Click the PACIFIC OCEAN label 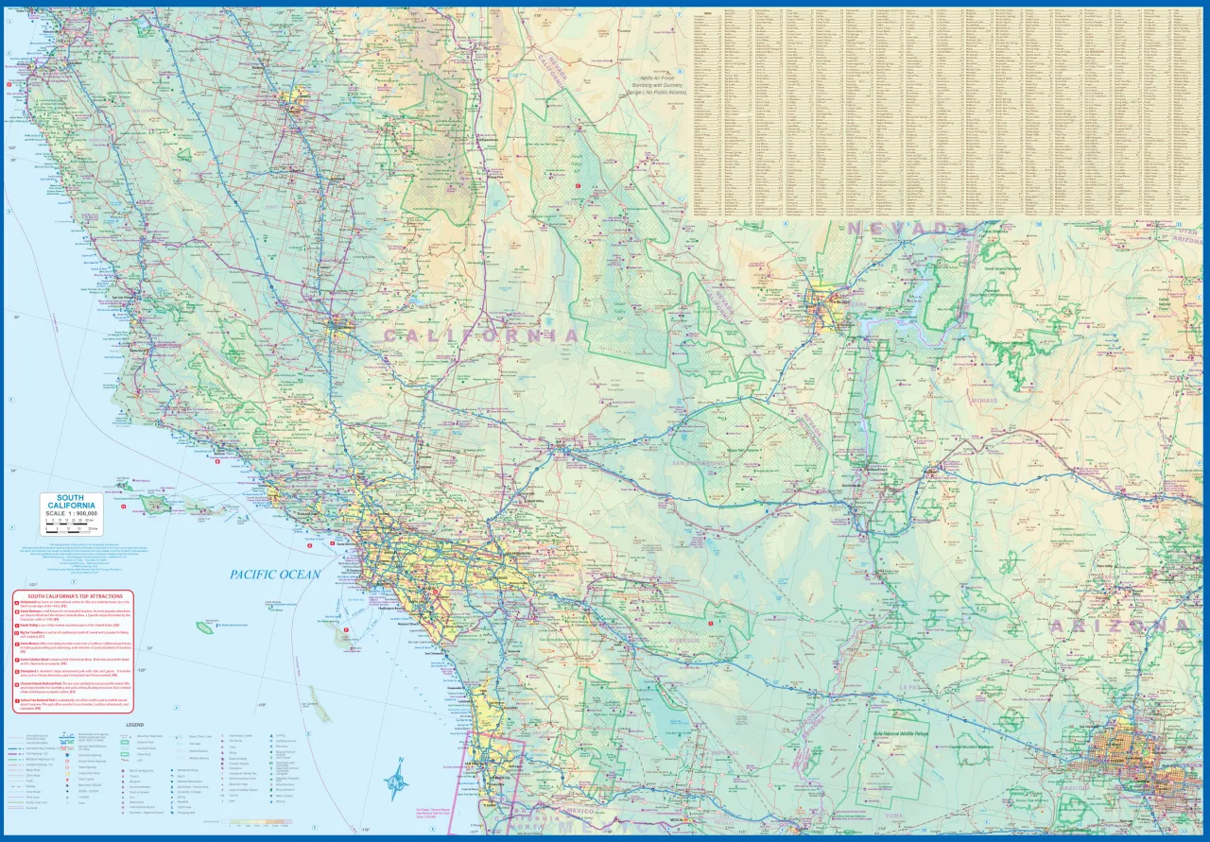coord(275,574)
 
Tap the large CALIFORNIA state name coord(480,335)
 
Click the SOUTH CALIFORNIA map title coord(70,502)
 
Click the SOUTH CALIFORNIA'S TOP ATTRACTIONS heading coord(73,597)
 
